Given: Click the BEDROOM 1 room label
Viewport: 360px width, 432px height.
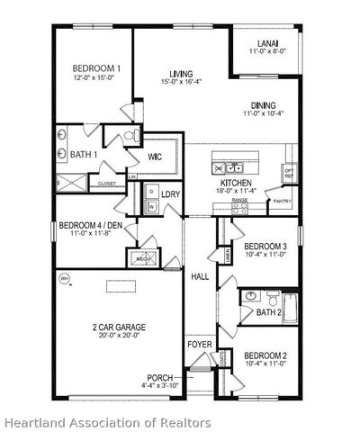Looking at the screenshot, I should [x=96, y=68].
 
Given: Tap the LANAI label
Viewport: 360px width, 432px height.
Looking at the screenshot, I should [x=267, y=42].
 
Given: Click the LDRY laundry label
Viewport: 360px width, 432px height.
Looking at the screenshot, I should [x=171, y=193].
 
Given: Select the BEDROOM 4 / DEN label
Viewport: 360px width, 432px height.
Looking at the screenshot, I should [x=90, y=225].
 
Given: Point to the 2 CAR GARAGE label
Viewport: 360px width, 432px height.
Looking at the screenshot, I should [x=118, y=327].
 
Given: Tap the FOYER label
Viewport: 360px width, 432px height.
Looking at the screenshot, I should [x=199, y=345].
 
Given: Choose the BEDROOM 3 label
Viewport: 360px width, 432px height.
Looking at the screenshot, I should [x=265, y=246].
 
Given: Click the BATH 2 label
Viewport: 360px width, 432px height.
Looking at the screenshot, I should [x=268, y=312].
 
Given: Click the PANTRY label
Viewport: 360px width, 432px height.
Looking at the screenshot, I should [x=282, y=202].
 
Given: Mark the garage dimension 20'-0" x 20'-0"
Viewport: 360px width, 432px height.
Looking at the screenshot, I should [x=118, y=337].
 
